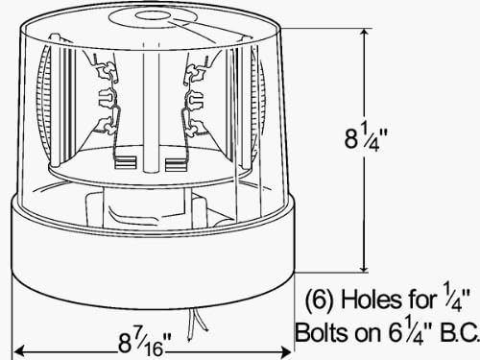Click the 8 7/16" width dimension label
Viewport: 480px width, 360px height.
point(145,343)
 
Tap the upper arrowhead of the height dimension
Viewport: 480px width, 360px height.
point(364,35)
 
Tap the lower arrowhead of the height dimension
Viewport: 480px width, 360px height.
point(364,266)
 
